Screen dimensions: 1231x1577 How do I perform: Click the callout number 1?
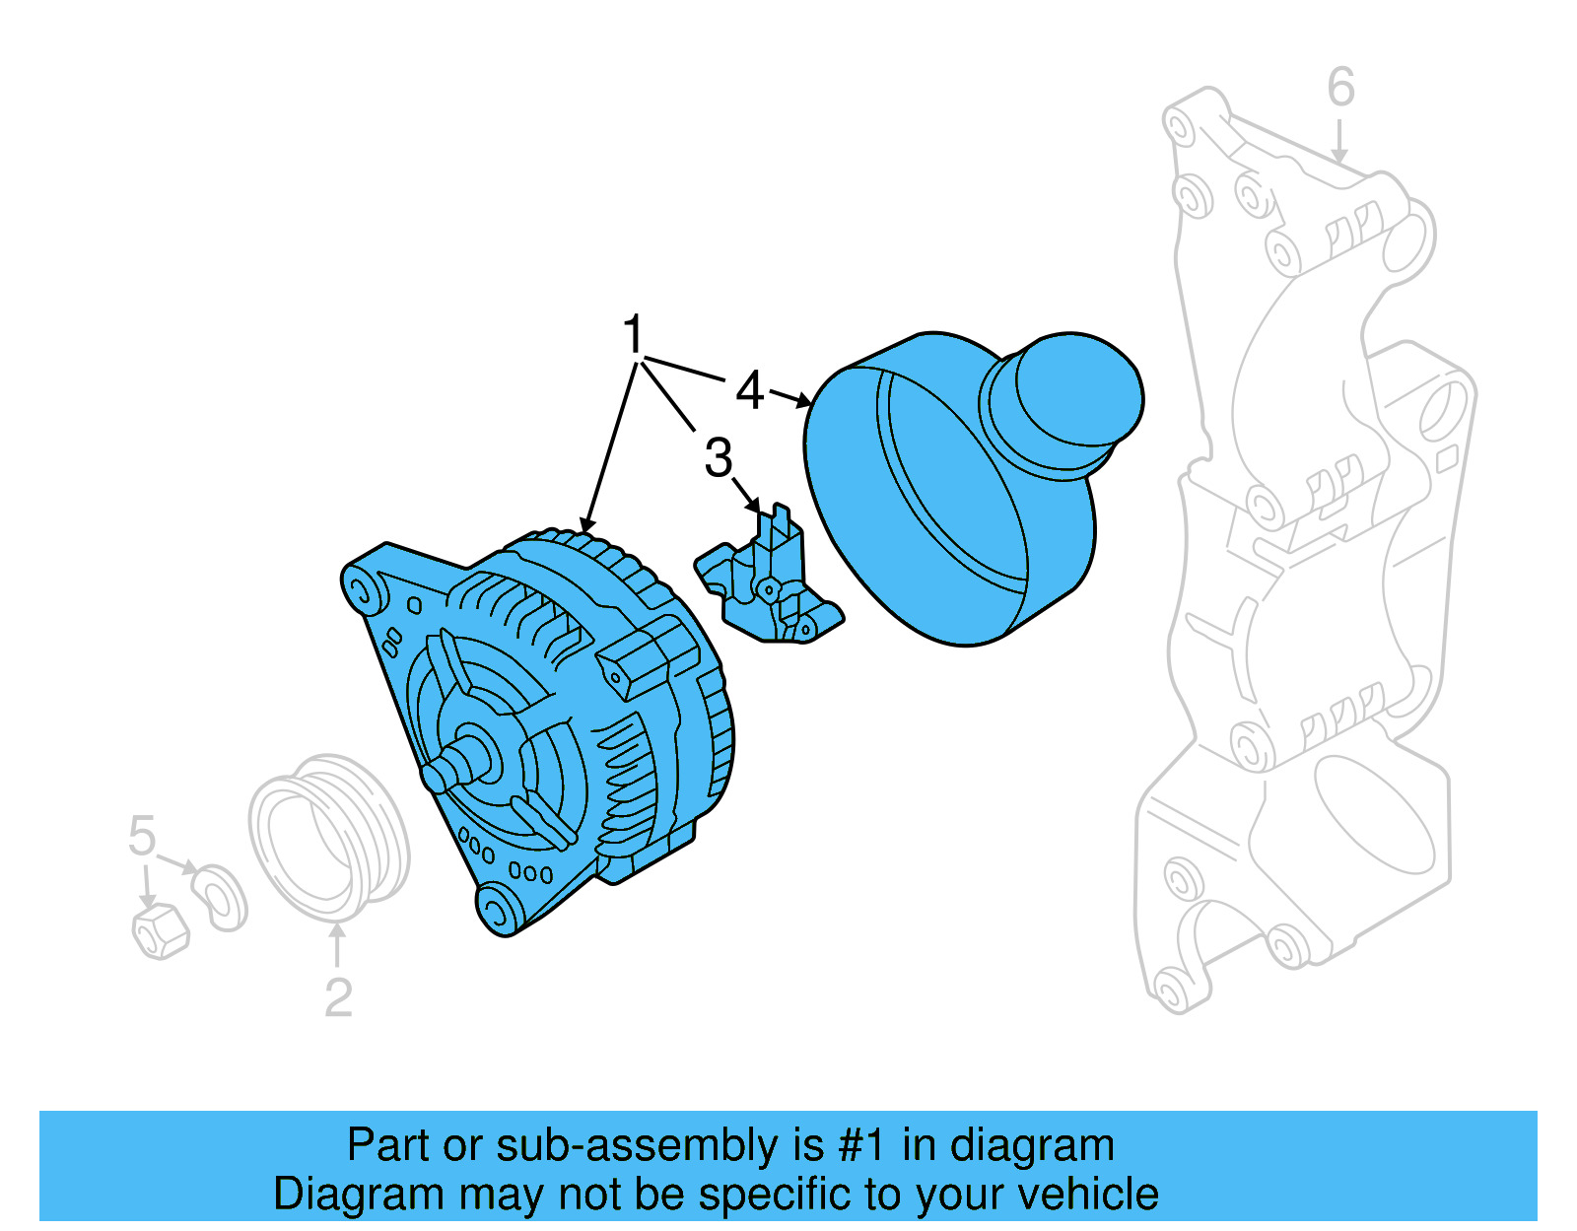[x=633, y=335]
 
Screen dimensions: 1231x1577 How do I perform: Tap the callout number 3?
[x=719, y=458]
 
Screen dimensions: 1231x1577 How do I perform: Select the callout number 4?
[x=750, y=391]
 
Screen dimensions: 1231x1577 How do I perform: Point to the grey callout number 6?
[x=1340, y=88]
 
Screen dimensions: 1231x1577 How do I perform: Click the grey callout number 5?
[x=142, y=837]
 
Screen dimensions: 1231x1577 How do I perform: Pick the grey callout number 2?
[x=338, y=998]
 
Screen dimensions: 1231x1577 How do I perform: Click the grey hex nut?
[x=160, y=930]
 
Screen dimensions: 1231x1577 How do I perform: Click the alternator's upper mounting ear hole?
[x=361, y=592]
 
